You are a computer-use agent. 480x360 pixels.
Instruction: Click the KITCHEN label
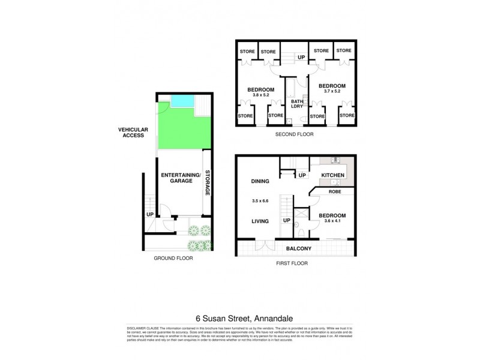pyautogui.click(x=333, y=175)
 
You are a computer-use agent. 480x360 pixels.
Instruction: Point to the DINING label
pyautogui.click(x=260, y=181)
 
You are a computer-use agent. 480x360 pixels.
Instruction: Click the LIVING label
pyautogui.click(x=260, y=220)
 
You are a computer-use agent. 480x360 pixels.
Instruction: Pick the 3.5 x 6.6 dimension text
pyautogui.click(x=260, y=201)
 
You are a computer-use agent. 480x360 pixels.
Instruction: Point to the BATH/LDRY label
pyautogui.click(x=297, y=104)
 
